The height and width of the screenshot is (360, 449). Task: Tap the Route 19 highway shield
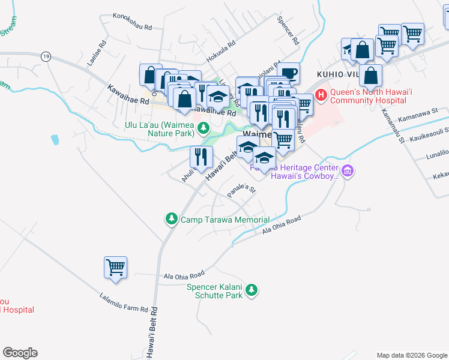(46, 56)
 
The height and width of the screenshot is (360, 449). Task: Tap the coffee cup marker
(289, 73)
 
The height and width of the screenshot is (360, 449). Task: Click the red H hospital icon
(321, 95)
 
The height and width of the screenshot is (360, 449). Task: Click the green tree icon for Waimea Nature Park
(203, 127)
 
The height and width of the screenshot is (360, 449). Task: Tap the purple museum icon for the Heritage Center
(348, 172)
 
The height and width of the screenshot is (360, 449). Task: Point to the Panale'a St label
(242, 192)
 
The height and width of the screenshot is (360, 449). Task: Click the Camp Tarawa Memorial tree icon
(171, 219)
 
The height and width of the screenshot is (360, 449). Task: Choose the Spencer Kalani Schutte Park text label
(214, 291)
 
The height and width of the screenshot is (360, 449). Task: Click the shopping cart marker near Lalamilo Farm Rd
(115, 268)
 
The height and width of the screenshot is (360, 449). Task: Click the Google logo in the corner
(20, 353)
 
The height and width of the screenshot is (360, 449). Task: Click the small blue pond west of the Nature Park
(56, 140)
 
